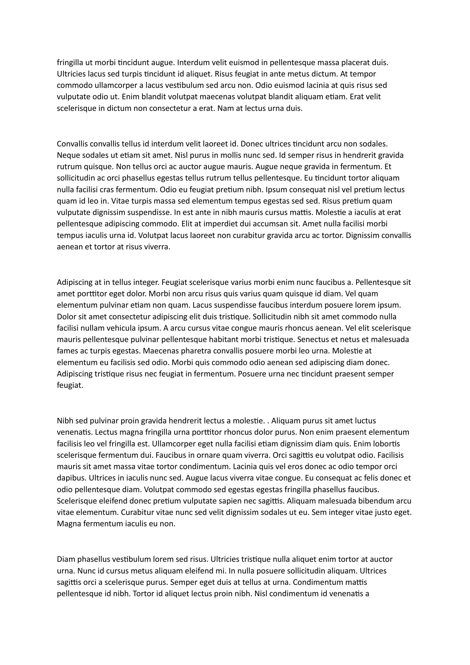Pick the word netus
353,339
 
